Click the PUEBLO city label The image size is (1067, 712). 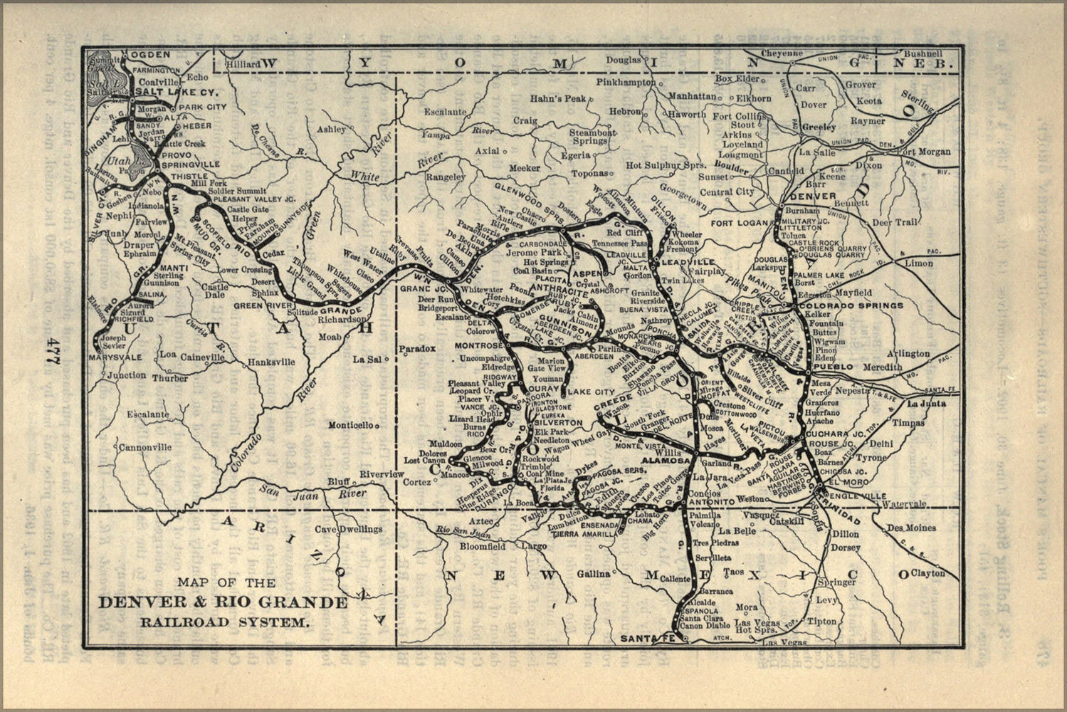[833, 367]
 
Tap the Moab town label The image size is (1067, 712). [330, 336]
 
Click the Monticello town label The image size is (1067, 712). [351, 425]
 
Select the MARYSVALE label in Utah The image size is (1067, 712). [116, 356]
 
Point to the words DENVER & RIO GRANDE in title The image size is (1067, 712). [223, 603]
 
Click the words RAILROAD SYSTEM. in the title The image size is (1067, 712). [225, 622]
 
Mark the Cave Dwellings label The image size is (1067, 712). [349, 529]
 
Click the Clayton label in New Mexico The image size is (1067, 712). [927, 572]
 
